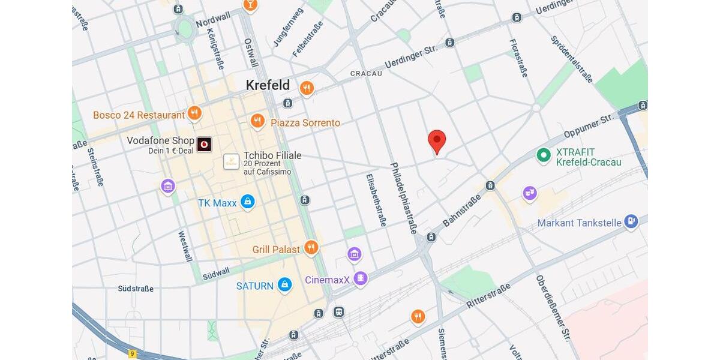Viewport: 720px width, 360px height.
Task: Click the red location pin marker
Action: click(x=437, y=142)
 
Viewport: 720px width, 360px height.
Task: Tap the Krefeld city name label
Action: click(x=268, y=85)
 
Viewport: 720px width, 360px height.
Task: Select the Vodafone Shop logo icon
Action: click(x=204, y=144)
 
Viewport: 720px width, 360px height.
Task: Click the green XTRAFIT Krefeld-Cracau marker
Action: click(x=544, y=155)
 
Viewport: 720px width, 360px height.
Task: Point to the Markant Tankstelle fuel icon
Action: click(x=631, y=222)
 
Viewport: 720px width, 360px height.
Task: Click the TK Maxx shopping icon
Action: click(x=247, y=202)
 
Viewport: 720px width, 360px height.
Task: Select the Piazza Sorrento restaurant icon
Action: click(x=257, y=121)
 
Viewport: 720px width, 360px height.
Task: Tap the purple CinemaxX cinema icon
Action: click(x=360, y=278)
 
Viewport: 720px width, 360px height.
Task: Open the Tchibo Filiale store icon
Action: click(x=232, y=161)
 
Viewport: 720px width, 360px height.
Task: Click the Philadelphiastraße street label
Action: click(x=403, y=197)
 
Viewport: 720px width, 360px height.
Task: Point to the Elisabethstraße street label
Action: click(x=376, y=200)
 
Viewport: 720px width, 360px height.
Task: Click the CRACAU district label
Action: click(x=366, y=73)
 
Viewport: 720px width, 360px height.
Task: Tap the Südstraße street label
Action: click(x=136, y=289)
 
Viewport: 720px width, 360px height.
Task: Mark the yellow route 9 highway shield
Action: click(x=133, y=354)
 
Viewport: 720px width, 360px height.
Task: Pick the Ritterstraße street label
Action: click(x=488, y=296)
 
